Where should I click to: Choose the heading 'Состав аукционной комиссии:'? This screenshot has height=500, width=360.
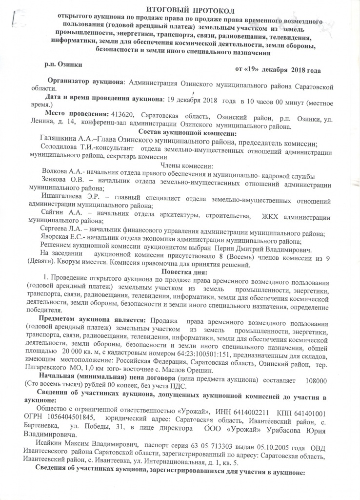coord(180,133)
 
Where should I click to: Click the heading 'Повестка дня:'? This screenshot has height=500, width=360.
coord(181,271)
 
